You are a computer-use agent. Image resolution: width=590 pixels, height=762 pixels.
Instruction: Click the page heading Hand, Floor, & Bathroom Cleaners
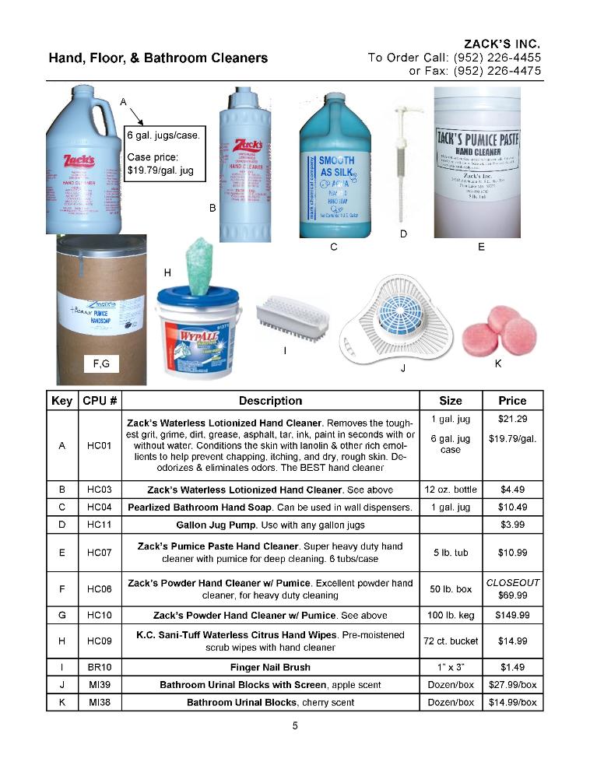click(x=158, y=58)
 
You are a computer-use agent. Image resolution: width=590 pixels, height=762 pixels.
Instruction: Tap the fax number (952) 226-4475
click(x=497, y=71)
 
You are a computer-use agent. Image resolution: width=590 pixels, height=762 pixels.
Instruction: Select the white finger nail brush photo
click(x=283, y=314)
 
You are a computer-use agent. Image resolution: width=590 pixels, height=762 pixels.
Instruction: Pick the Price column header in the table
click(x=512, y=401)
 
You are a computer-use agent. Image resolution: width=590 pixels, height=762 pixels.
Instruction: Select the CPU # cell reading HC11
click(x=100, y=525)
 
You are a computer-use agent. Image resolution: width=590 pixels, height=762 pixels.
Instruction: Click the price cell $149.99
click(x=512, y=615)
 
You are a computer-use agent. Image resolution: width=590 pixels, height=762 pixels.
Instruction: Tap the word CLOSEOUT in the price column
click(x=512, y=582)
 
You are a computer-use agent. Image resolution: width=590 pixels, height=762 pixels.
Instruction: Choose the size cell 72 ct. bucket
click(x=451, y=641)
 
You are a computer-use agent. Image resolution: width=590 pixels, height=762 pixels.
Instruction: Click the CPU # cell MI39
click(x=100, y=684)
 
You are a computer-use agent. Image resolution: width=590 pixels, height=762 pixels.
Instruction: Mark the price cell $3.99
click(x=512, y=525)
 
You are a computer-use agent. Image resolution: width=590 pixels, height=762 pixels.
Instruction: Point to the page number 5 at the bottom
click(x=295, y=726)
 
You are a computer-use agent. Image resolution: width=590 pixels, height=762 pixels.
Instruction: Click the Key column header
click(x=61, y=401)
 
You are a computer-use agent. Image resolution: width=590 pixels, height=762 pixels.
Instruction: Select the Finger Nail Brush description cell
click(x=270, y=667)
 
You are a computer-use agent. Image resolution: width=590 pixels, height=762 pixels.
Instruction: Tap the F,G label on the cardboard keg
click(x=101, y=363)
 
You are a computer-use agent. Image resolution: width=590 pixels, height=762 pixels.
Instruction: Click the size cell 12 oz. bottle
click(x=451, y=490)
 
